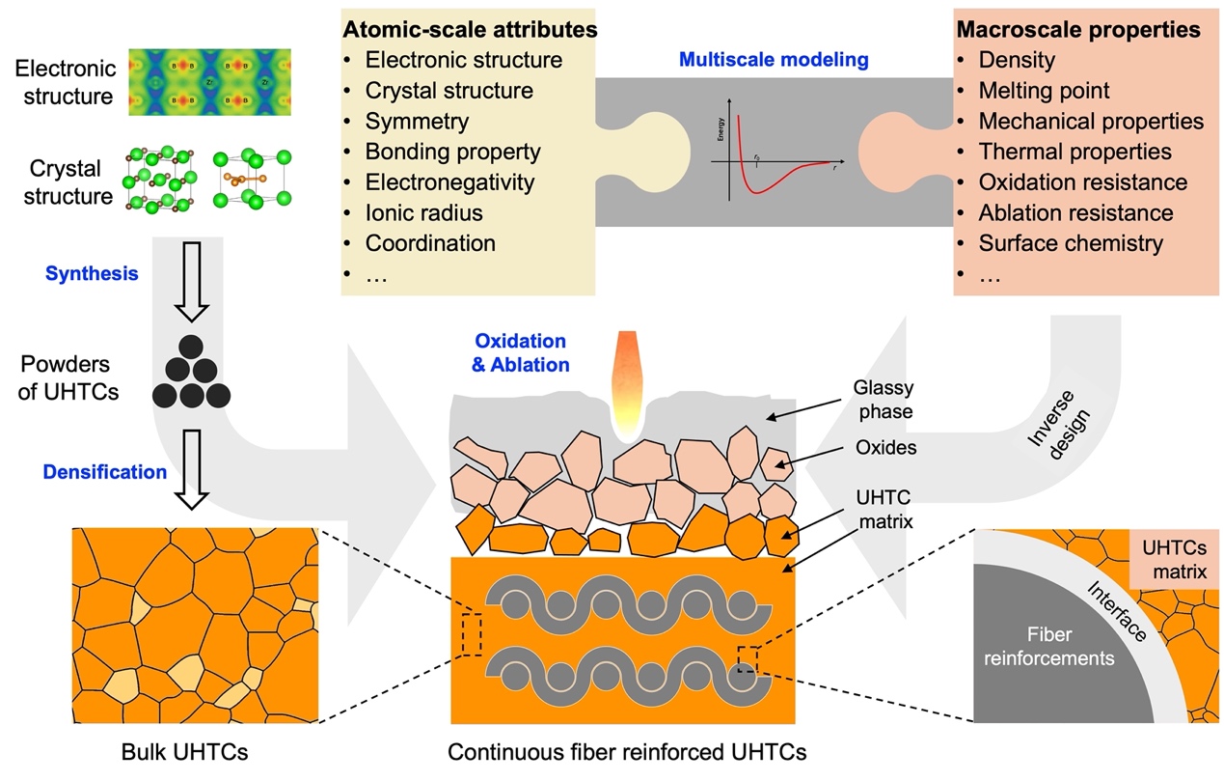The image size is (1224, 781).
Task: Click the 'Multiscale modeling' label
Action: [x=774, y=59]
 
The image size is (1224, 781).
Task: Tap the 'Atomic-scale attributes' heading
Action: [x=470, y=30]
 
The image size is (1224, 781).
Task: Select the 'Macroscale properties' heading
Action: [x=1077, y=30]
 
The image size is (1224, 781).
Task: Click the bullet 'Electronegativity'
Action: [x=449, y=181]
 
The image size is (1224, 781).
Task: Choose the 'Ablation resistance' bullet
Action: [x=1075, y=212]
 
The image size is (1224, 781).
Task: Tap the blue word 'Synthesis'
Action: [x=92, y=273]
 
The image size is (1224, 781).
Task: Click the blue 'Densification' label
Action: [x=104, y=472]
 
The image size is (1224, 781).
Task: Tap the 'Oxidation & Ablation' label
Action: [x=521, y=353]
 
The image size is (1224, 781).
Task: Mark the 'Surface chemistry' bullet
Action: [x=1071, y=243]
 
